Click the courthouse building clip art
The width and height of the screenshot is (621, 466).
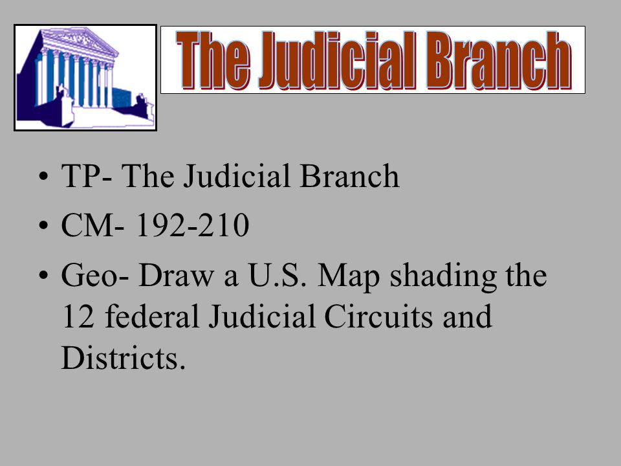coord(85,78)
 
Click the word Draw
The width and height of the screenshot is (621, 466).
coord(167,277)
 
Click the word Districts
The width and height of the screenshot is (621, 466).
coord(119,358)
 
